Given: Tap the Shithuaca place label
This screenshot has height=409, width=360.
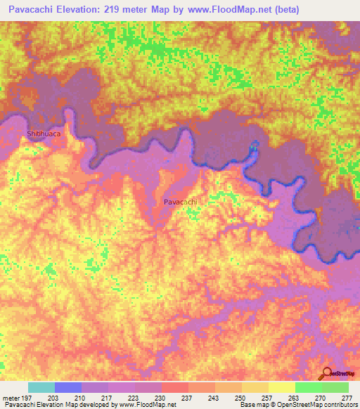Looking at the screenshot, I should tap(44, 133).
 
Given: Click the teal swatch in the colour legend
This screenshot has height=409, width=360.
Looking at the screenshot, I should tap(41, 387).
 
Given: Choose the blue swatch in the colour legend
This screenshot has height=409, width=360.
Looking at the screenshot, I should tap(68, 387).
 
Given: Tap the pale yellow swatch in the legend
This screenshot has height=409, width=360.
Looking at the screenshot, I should tap(281, 387).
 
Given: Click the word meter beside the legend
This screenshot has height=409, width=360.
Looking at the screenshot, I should tap(12, 397).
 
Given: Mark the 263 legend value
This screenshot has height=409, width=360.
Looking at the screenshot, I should tap(294, 397).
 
